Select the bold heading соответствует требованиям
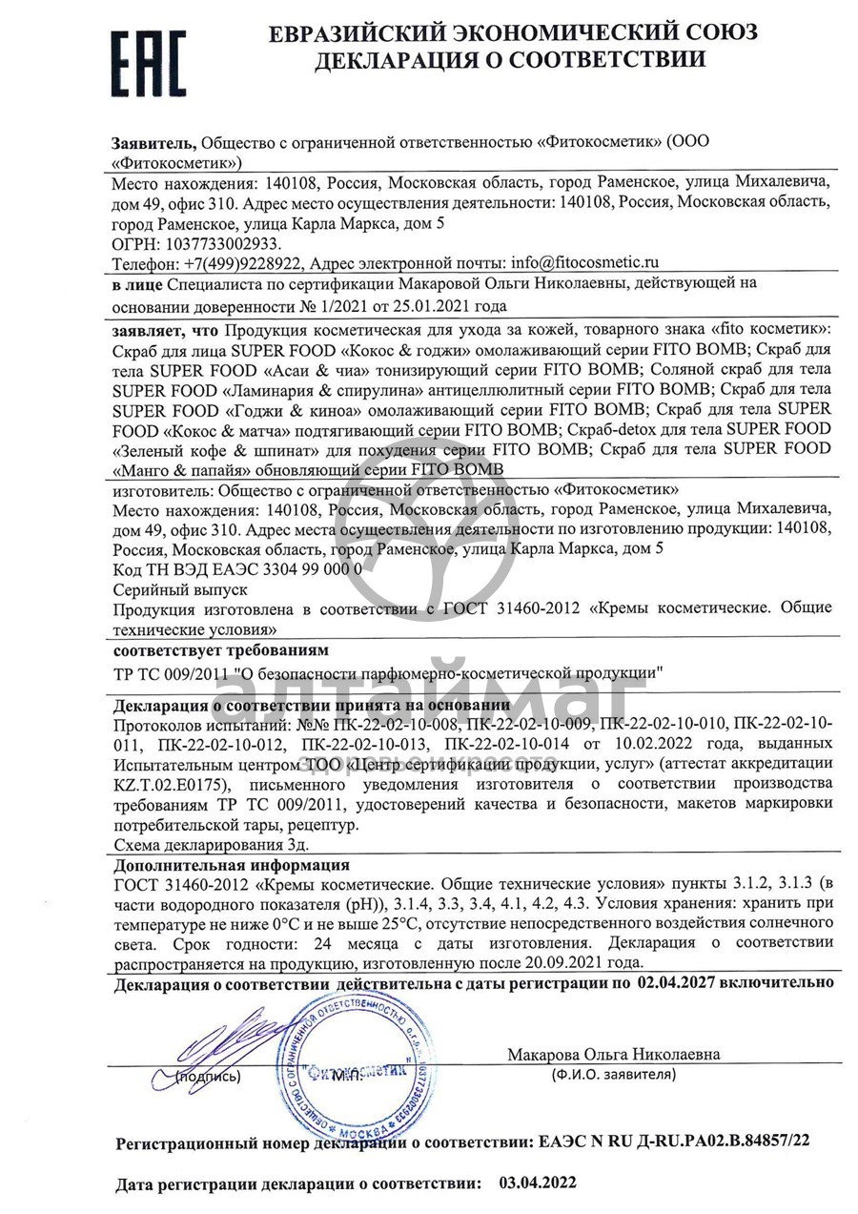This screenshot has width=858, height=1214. [x=220, y=650]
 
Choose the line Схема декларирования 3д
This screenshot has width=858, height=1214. [x=211, y=844]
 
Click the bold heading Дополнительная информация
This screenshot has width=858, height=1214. [x=231, y=865]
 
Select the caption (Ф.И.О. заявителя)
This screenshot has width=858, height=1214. [x=613, y=1074]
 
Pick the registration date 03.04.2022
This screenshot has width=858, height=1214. [x=538, y=1183]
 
